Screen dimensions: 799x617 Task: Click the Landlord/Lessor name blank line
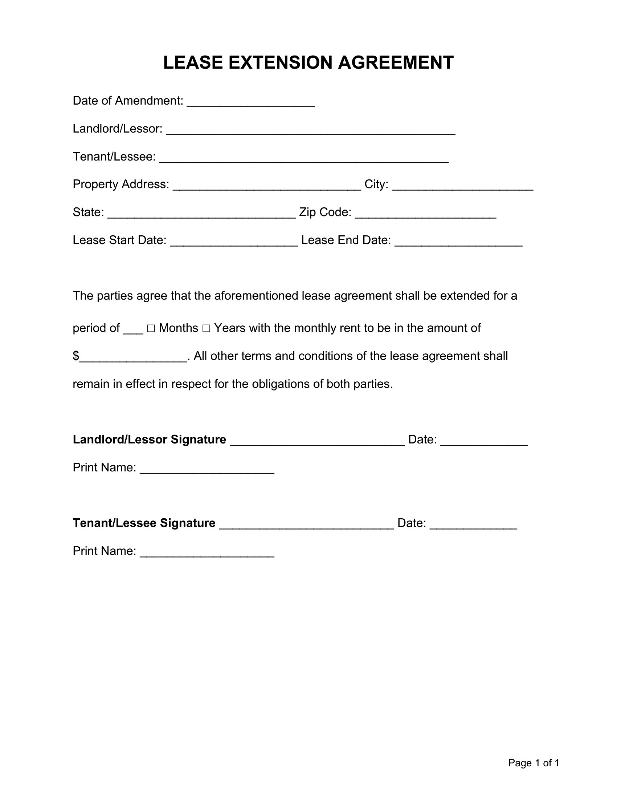pos(310,131)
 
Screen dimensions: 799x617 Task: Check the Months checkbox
pos(151,329)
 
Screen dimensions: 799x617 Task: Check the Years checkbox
pos(206,329)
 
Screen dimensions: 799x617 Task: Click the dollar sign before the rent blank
pos(75,356)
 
